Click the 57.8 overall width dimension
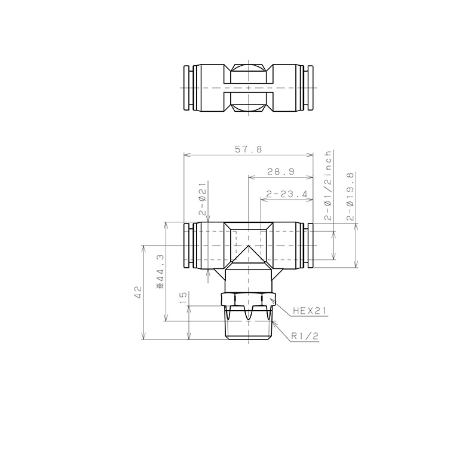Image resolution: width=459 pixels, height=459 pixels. click(248, 149)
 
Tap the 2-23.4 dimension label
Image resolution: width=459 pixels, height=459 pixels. click(287, 194)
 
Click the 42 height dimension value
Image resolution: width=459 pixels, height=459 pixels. click(137, 292)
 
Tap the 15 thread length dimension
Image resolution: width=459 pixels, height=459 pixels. click(183, 298)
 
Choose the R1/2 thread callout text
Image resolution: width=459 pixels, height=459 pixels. click(305, 336)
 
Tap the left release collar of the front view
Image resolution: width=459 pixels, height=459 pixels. click(188, 245)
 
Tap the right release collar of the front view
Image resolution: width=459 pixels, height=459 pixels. click(308, 245)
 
